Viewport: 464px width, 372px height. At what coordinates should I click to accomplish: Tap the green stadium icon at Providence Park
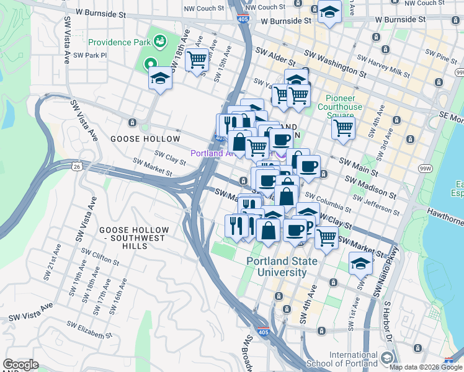click(x=160, y=42)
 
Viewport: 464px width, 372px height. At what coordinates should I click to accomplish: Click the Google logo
click(x=20, y=365)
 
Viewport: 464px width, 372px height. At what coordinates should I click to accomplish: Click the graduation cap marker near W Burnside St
click(x=329, y=12)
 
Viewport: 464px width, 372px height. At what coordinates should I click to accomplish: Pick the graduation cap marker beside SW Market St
click(x=360, y=263)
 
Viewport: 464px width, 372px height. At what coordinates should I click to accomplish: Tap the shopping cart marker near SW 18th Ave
click(x=197, y=60)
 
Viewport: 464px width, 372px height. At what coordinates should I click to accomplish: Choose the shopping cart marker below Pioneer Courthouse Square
click(x=342, y=128)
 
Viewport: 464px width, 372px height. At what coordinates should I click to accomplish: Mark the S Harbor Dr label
click(x=391, y=322)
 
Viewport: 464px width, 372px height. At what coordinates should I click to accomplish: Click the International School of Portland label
click(x=353, y=359)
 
